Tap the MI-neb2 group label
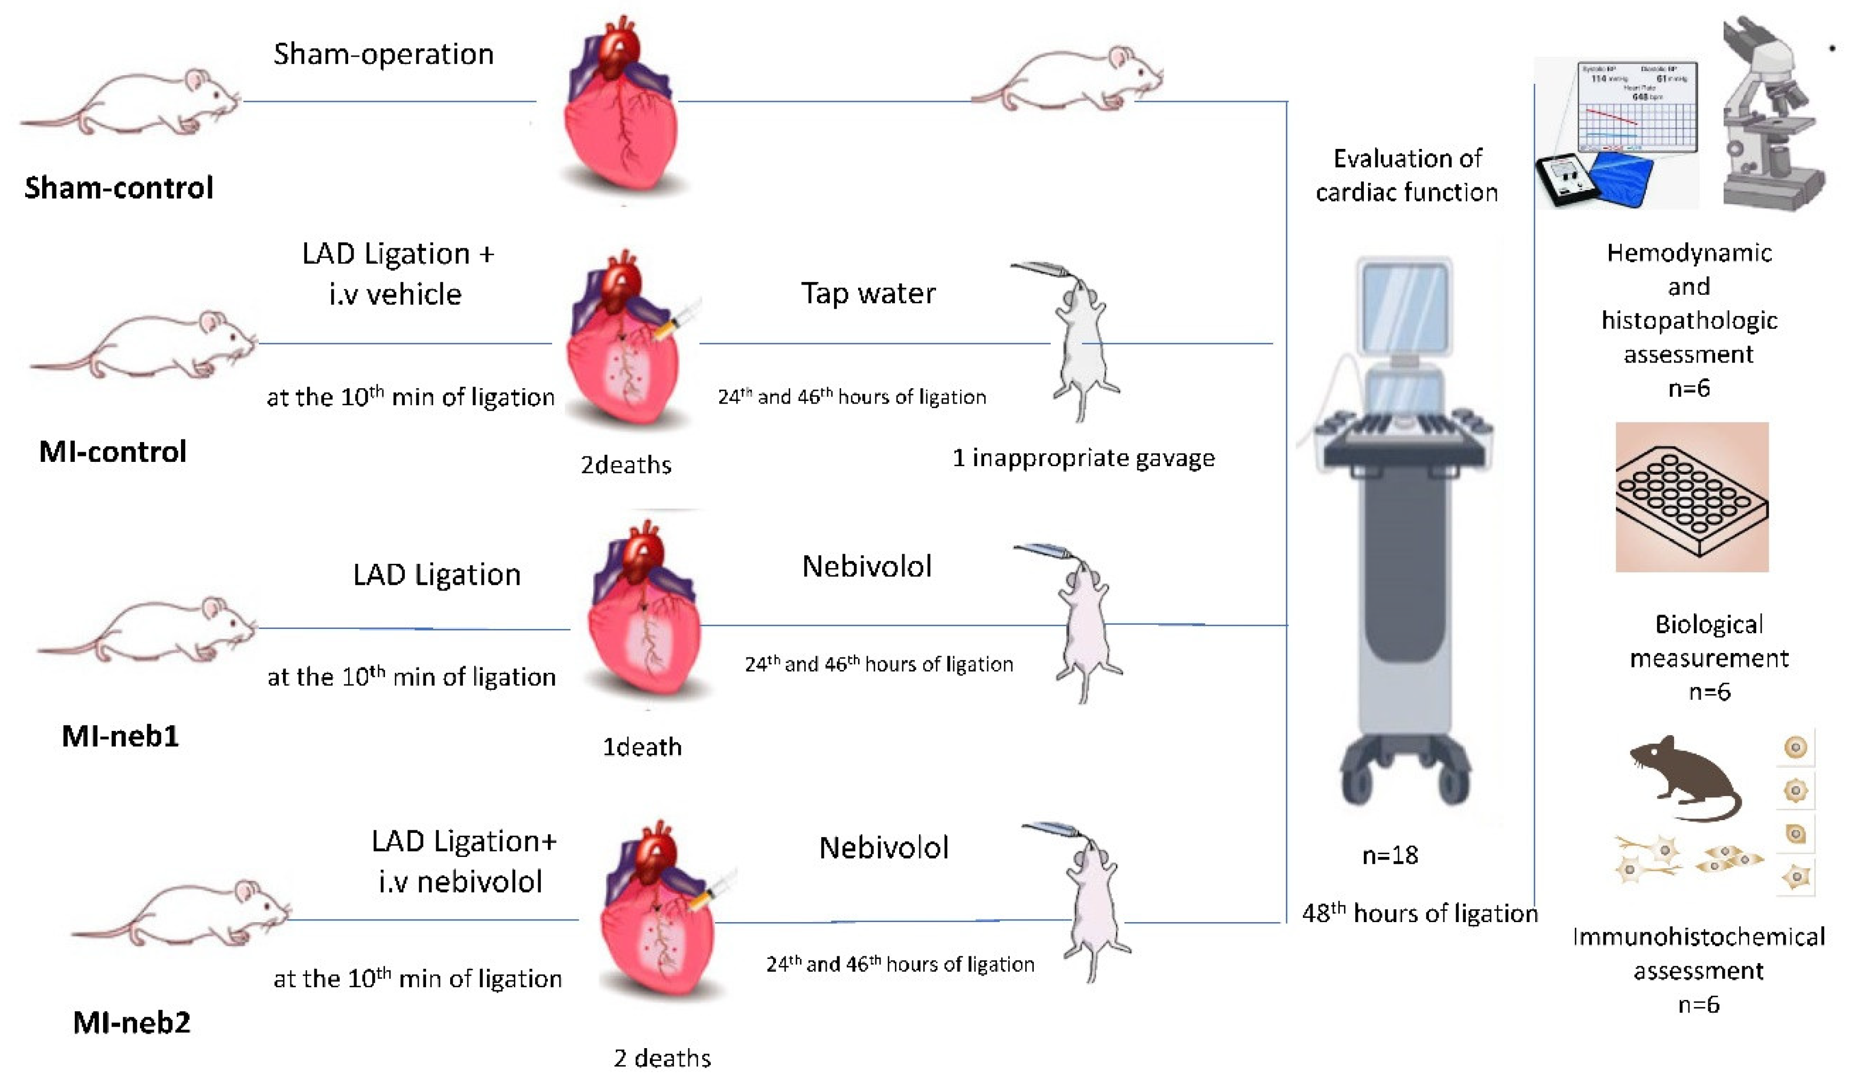coord(132,1022)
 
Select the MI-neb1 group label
coord(120,736)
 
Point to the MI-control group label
coord(113,451)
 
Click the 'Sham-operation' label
coord(383,54)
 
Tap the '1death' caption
coord(641,747)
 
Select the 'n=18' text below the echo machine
coord(1390,855)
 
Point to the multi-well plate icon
coord(1692,498)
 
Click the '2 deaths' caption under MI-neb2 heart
coord(662,1058)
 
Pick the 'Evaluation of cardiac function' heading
coord(1407,175)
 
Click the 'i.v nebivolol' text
coord(460,882)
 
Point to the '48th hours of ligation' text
coord(1419,913)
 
